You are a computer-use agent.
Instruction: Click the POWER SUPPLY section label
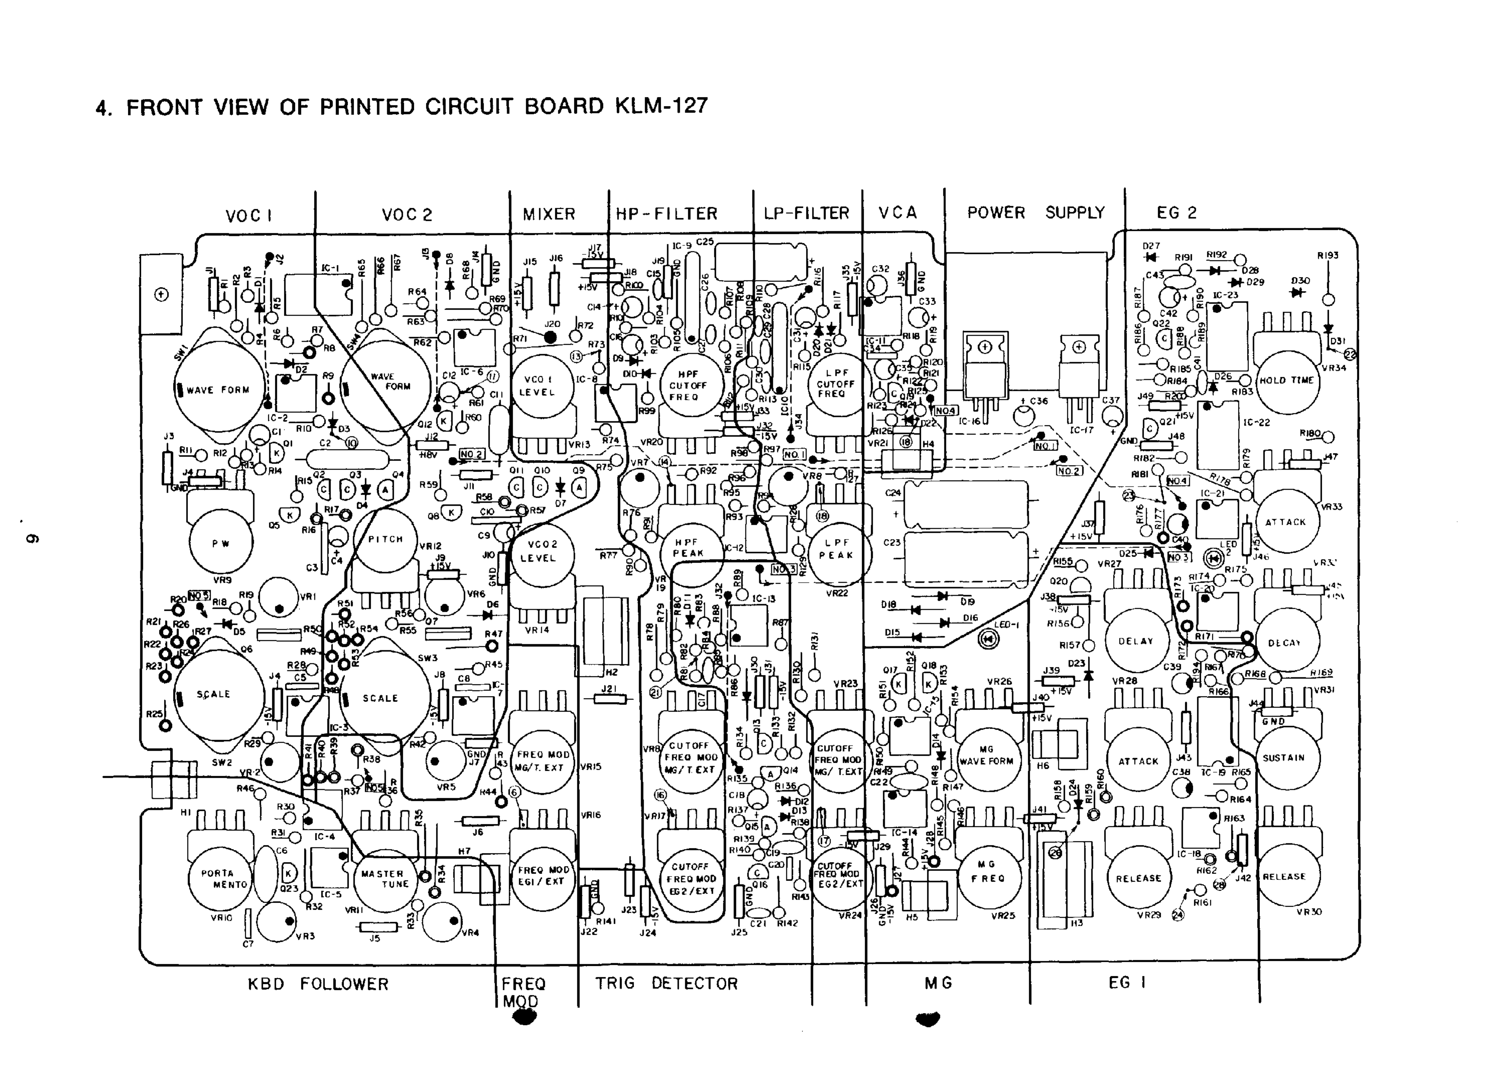[x=1036, y=213]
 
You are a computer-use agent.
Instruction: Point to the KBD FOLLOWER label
[x=318, y=984]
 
